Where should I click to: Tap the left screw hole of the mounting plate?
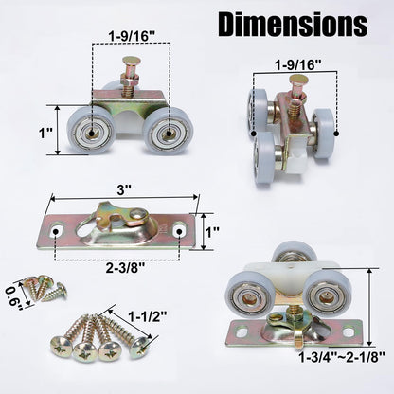pos(58,230)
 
